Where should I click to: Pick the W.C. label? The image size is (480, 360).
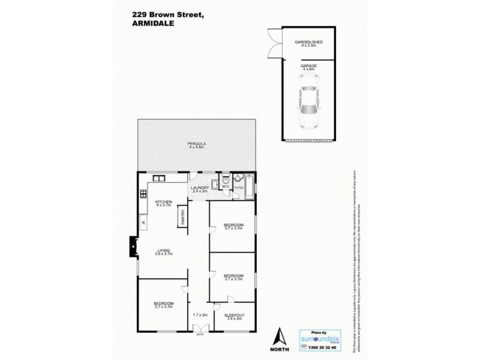point(226,187)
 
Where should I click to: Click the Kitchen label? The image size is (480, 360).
point(163,203)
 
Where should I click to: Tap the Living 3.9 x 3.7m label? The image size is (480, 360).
point(162,253)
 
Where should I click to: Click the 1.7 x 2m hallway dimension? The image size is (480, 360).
point(200,315)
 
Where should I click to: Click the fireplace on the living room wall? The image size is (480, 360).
point(131,246)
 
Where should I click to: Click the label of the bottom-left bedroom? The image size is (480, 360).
point(163,305)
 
